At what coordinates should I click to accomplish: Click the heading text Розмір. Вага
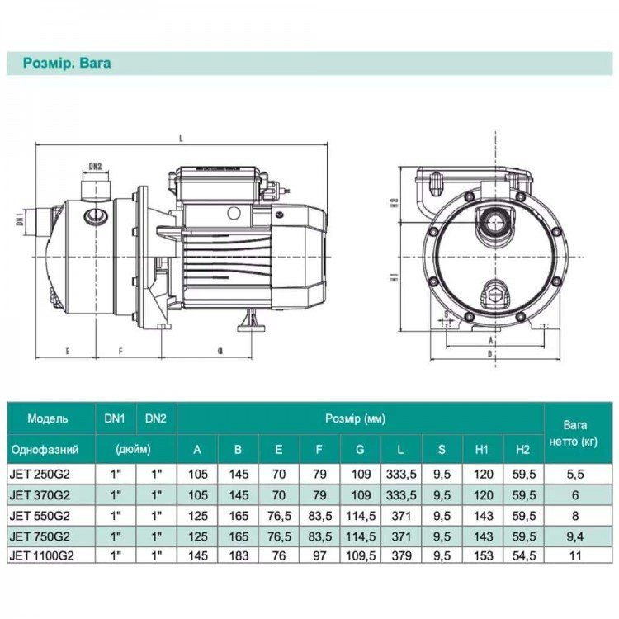tap(67, 64)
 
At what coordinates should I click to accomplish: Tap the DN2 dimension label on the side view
tap(95, 166)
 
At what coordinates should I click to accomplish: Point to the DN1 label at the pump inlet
tap(20, 218)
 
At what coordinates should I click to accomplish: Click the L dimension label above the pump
tap(182, 138)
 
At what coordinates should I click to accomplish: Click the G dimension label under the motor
tap(220, 351)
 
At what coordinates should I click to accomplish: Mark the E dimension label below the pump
tap(68, 351)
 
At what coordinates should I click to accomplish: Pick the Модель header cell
tap(47, 418)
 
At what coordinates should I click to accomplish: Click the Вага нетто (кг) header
tap(574, 433)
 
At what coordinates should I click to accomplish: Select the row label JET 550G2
tap(40, 516)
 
